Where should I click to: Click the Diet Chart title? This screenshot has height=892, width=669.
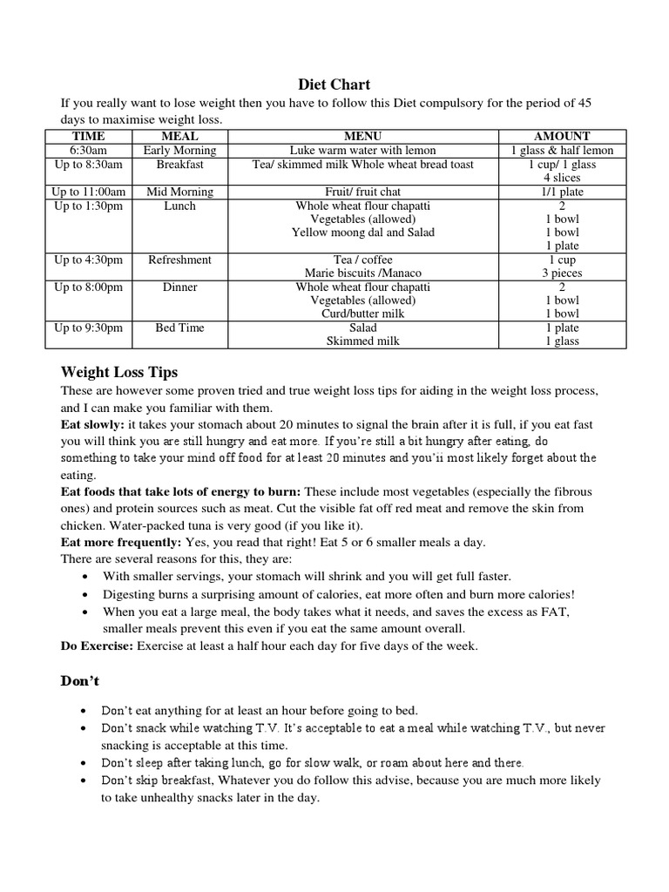[x=334, y=84]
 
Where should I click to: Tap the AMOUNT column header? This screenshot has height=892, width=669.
[x=562, y=137]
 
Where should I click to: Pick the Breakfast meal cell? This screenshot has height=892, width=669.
[x=179, y=165]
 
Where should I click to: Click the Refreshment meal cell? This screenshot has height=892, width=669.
[x=179, y=260]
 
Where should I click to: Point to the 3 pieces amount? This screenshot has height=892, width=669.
[x=562, y=274]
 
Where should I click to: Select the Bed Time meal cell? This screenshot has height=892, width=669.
[x=179, y=328]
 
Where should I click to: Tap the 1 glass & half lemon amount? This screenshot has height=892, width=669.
[x=562, y=151]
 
